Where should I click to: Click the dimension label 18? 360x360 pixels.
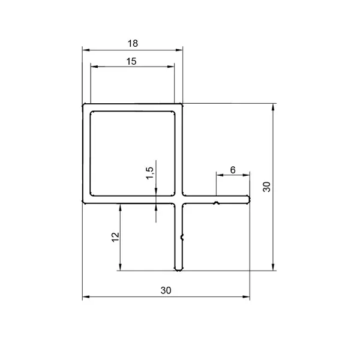coord(133,43)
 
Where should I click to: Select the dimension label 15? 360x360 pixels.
coord(131,62)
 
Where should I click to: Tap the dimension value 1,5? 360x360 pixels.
coord(149,173)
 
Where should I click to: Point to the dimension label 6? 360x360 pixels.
coord(233,170)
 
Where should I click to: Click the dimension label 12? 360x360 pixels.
coord(115,237)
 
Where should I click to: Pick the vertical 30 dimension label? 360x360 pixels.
coord(267,187)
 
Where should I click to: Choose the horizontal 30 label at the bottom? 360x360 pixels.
coord(166,290)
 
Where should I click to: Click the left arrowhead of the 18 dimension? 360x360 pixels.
coord(86,50)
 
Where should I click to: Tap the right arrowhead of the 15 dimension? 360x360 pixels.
coord(171,67)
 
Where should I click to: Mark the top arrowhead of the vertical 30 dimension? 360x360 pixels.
coord(273,107)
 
